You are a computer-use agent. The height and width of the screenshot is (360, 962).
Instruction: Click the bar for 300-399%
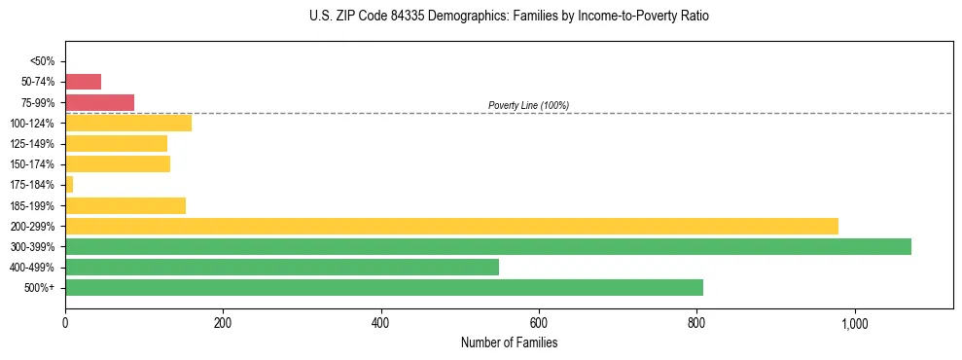487,246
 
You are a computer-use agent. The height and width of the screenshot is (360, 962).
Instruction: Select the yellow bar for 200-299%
451,226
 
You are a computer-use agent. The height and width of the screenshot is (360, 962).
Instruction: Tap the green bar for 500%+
383,287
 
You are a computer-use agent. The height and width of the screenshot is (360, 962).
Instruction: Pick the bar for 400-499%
281,267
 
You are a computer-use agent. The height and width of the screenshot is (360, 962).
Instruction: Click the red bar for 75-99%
99,102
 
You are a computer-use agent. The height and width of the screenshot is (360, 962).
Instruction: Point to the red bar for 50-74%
83,82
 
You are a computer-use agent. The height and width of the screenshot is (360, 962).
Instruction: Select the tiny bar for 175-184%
69,184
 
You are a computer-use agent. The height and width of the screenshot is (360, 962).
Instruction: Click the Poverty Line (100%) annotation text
528,105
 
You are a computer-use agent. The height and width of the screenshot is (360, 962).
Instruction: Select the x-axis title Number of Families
509,342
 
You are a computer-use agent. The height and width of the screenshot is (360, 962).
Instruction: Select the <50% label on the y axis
43,61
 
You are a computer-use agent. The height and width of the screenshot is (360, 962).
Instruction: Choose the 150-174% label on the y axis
33,164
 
